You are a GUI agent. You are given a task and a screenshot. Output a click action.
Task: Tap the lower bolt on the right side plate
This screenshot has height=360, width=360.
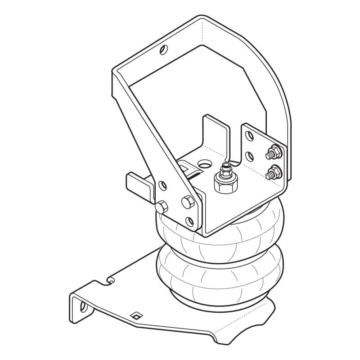[273, 172]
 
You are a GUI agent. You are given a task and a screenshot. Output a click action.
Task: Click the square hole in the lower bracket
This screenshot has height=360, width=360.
[134, 316]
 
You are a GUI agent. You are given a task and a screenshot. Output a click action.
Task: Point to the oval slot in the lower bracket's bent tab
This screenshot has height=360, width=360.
[83, 307]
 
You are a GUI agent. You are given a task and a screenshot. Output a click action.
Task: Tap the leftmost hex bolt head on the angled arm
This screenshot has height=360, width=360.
[162, 207]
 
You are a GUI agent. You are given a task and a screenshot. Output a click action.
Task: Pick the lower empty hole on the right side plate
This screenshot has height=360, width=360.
[249, 156]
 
